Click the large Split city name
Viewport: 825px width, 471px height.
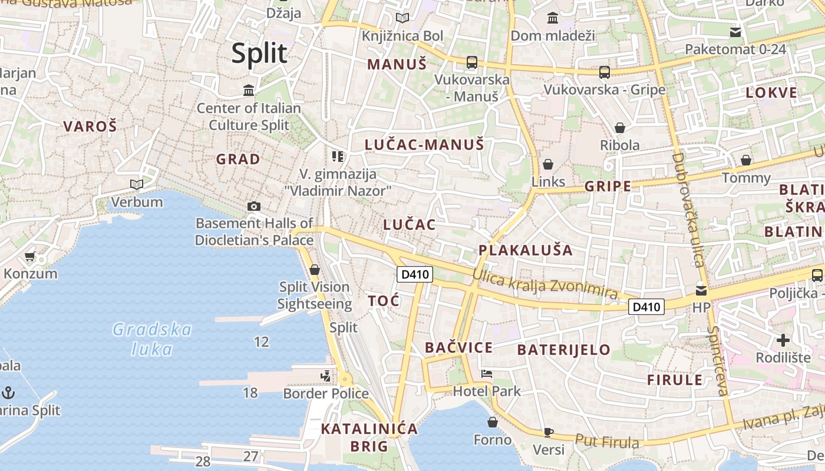coord(259,54)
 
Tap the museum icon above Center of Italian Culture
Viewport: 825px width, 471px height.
coord(249,91)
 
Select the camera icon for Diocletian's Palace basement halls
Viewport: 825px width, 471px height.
coord(254,206)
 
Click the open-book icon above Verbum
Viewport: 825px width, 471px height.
coord(137,185)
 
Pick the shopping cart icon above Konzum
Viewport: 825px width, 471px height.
coord(30,257)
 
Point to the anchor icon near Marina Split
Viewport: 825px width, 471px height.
coord(8,392)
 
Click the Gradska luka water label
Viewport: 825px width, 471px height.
coord(152,339)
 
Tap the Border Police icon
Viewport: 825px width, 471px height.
coord(326,376)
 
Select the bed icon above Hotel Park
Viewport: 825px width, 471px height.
coord(487,373)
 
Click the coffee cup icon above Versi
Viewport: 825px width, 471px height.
coord(548,433)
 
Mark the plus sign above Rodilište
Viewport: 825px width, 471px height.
coord(783,340)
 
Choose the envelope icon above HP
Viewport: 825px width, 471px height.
coord(701,290)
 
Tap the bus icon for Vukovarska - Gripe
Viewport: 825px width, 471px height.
coord(604,72)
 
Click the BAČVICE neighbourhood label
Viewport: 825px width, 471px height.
coord(458,347)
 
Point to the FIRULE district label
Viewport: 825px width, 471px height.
coord(675,380)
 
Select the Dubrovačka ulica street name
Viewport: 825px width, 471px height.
coord(688,210)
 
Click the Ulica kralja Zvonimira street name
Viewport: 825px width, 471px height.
coord(544,285)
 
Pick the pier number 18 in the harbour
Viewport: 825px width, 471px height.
coord(250,393)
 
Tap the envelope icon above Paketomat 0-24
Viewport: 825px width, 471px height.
coord(735,32)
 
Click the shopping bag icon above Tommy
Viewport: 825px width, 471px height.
coord(746,160)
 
